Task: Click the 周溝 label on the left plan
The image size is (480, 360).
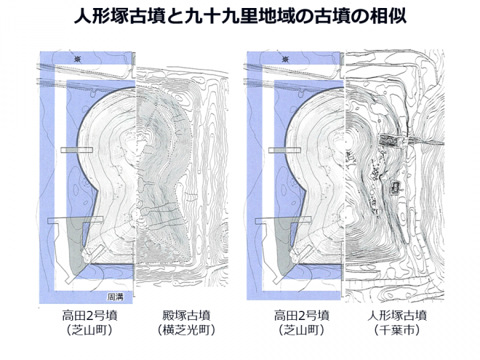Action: [x=115, y=296]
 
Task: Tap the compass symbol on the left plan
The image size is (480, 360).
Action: [x=77, y=59]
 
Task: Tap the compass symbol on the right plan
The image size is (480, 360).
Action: [x=286, y=59]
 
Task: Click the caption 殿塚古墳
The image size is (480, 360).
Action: [x=186, y=316]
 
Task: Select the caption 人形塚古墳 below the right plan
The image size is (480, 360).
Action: [x=397, y=316]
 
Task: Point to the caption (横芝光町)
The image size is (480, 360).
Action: [x=186, y=330]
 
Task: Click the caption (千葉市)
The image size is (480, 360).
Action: [x=397, y=330]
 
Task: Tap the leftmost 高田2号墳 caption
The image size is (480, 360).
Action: [x=89, y=316]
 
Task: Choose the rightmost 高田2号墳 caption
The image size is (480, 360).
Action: [x=302, y=316]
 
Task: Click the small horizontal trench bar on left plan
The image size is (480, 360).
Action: [x=76, y=150]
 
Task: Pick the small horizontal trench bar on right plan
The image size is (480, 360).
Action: [x=284, y=150]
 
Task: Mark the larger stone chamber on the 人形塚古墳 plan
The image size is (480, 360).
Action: [x=389, y=140]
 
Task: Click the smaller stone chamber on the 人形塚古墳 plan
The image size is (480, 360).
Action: [x=396, y=187]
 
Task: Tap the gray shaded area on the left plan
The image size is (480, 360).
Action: [x=75, y=245]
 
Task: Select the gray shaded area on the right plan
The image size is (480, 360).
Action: [x=283, y=245]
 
